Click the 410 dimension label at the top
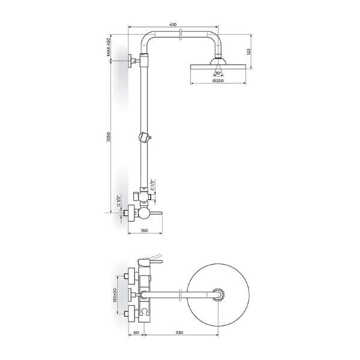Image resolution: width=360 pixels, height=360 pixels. point(173,25)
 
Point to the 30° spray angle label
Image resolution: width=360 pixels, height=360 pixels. point(218,73)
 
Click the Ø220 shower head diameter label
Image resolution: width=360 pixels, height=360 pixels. point(218,81)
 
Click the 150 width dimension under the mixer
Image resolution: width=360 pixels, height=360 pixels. point(144,230)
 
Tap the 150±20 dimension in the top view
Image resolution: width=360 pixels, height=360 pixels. point(117,294)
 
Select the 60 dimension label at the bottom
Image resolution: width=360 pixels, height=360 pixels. point(137,331)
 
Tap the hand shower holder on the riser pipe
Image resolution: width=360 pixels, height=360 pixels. point(144,137)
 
